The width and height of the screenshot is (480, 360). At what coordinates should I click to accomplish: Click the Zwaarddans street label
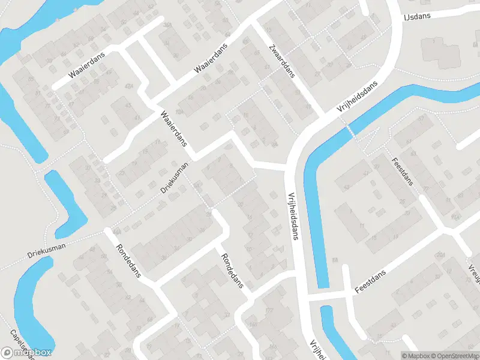pos(282,61)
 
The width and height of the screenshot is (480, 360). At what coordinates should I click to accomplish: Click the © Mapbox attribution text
pos(415,355)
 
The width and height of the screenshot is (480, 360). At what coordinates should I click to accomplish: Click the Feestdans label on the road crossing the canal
pos(369,281)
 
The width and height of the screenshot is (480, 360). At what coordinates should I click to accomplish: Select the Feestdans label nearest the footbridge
pos(402,171)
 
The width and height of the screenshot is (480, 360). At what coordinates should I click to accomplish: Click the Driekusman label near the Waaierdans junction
pos(174,178)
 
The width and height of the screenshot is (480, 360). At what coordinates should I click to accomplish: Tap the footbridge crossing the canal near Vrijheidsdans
pos(348,128)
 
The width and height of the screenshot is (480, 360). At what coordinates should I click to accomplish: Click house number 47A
pos(128,86)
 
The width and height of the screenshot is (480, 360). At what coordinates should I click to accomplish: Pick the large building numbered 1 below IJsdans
pos(440,49)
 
